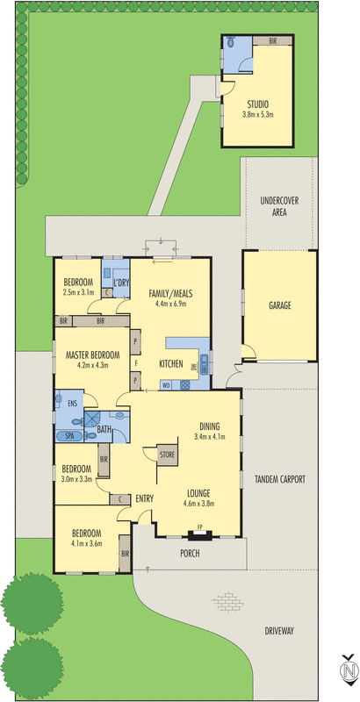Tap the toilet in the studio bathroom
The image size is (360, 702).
(230, 42)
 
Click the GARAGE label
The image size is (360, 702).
(280, 305)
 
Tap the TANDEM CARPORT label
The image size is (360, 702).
(280, 479)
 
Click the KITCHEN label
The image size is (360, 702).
(170, 362)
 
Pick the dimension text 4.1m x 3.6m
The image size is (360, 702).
(86, 543)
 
